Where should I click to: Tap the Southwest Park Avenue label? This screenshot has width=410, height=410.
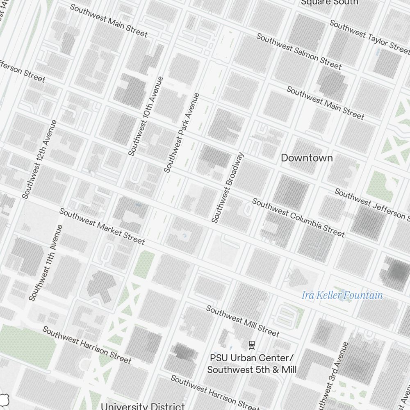[181, 132]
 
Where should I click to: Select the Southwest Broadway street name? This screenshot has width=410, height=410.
[228, 187]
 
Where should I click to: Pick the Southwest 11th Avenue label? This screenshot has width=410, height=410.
[46, 262]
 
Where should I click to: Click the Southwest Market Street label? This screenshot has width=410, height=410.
[102, 226]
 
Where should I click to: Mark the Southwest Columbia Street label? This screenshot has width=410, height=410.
[298, 217]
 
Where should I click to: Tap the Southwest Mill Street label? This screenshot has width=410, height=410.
[242, 321]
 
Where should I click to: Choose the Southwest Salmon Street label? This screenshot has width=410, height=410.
[298, 51]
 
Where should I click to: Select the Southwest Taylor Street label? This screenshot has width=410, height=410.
[369, 36]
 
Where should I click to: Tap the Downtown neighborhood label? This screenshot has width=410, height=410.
[307, 158]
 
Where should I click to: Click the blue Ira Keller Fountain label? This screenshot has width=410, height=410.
[342, 295]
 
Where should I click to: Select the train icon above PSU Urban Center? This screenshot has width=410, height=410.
[252, 344]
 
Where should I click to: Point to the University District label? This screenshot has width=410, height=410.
[143, 406]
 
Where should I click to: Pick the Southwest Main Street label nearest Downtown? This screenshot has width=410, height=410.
[325, 102]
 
